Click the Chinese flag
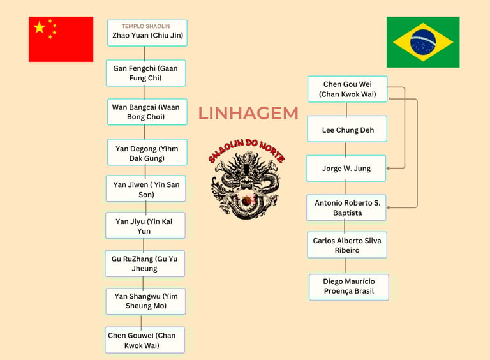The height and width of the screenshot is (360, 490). coord(61,39)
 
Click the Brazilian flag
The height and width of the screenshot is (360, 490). coord(422,42)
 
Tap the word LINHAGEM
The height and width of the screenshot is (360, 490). coord(248,113)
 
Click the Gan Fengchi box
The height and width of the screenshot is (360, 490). coord(146,73)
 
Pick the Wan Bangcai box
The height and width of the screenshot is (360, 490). coord(146,112)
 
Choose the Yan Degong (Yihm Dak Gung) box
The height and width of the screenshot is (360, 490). coord(147,153)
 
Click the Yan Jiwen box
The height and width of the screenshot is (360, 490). coord(146,189)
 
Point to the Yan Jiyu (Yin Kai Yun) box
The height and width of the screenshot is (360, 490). coord(145,225)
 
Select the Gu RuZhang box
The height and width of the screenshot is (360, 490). coord(145,263)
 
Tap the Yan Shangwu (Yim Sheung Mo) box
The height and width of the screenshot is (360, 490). coord(146,301)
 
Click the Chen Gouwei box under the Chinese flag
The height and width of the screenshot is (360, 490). coord(145,340)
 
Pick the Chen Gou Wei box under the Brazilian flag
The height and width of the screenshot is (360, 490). coord(346,89)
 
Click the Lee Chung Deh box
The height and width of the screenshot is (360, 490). coord(347,130)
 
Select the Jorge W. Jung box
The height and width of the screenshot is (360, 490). coord(346,169)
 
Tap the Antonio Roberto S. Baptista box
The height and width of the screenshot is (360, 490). coord(346,207)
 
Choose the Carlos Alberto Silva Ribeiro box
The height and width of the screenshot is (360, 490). coord(346,245)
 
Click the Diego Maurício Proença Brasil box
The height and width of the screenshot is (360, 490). coord(348,287)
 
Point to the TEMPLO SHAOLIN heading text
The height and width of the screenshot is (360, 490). coord(146,26)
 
